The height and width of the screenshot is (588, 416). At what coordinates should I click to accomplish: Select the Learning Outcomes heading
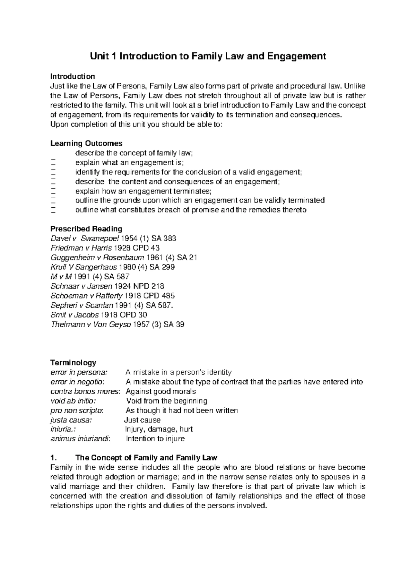point(86,143)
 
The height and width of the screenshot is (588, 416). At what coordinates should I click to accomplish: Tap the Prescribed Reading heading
point(86,229)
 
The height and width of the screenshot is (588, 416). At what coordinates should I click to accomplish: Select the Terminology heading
point(73,363)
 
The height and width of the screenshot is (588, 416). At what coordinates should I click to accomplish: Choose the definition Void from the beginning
point(167,401)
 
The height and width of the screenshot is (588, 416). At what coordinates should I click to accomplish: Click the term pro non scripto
point(77,410)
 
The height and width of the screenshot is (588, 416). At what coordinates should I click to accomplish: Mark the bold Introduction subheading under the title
point(72,76)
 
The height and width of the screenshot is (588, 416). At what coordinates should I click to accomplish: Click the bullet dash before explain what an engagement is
point(53,163)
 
